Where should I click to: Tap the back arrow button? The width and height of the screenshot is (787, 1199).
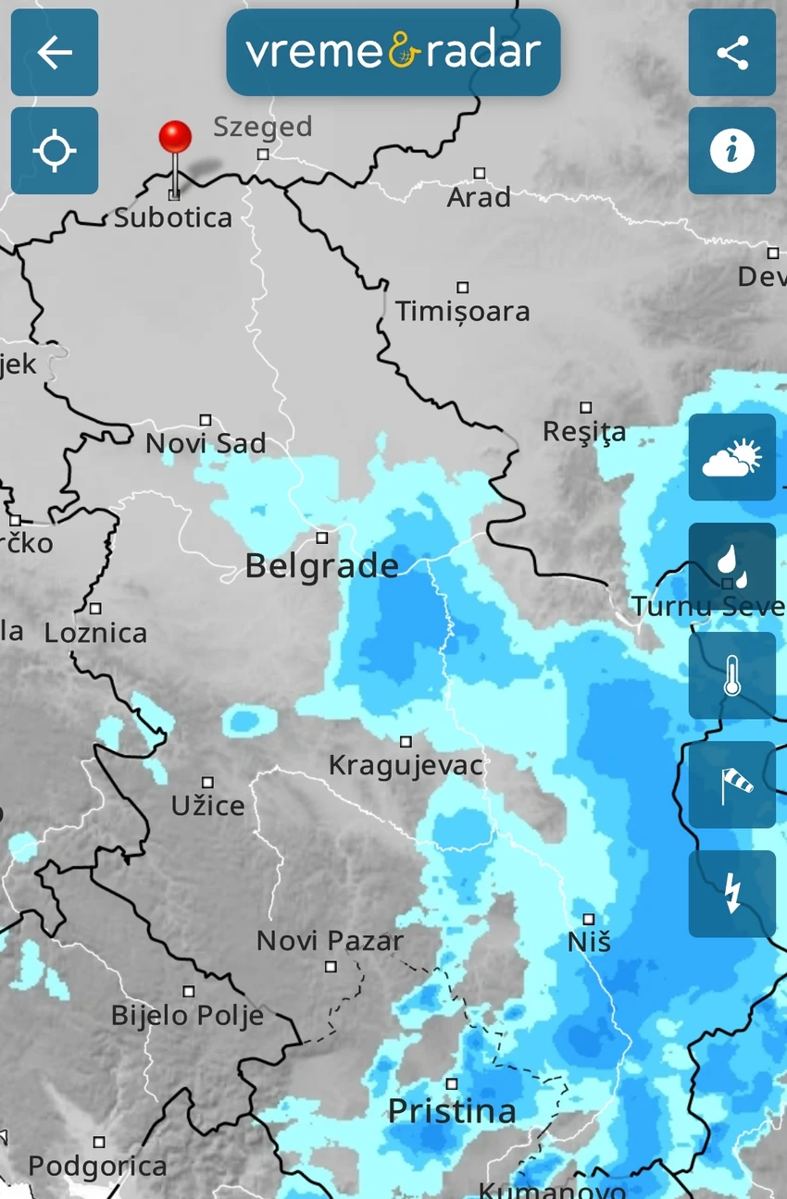(55, 53)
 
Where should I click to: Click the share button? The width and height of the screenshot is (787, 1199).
(732, 53)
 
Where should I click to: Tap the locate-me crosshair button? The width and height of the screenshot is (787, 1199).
(55, 151)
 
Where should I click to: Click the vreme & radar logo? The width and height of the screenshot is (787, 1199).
(393, 52)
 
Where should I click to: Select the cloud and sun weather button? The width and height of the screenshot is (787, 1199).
(732, 457)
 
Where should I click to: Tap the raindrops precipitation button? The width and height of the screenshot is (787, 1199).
(732, 566)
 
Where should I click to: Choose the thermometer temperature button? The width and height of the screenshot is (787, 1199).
(732, 675)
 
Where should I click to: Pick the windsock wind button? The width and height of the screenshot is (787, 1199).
(732, 785)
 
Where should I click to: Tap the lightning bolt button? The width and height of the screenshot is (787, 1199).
(732, 894)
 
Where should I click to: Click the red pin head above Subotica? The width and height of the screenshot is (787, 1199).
(175, 138)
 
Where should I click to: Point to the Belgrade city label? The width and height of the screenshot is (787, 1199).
(321, 565)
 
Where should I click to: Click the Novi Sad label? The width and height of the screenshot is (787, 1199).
(206, 444)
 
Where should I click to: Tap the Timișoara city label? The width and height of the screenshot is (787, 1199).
(463, 311)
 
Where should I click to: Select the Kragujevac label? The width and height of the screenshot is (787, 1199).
(406, 766)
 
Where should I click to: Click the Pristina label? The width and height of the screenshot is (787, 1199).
(452, 1111)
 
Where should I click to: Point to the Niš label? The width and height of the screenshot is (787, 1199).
(589, 943)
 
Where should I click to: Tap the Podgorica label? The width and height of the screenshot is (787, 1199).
(97, 1167)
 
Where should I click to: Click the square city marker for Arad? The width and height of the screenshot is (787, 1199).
(480, 173)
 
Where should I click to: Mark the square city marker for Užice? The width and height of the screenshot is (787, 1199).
(207, 783)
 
